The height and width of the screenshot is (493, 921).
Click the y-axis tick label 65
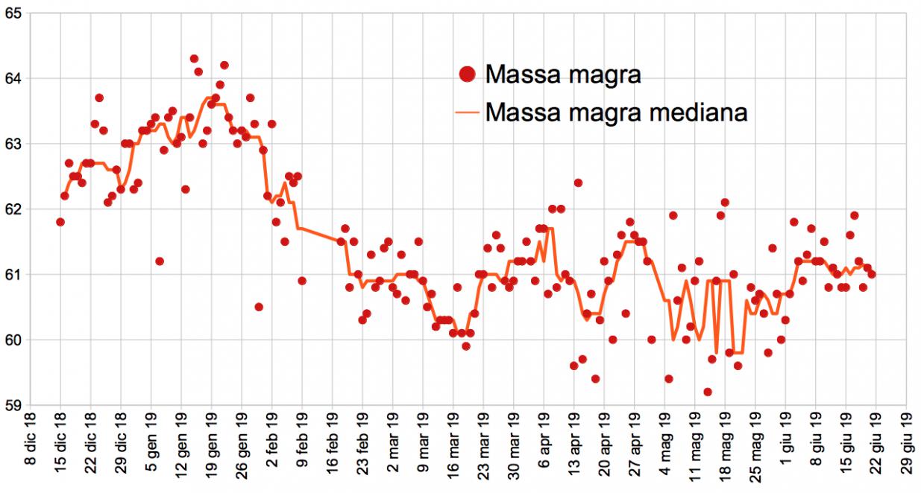(x=13, y=13)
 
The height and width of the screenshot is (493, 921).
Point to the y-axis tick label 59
(x=13, y=406)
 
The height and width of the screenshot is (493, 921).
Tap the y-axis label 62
(x=13, y=209)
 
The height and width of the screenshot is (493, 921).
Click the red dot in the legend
(x=468, y=74)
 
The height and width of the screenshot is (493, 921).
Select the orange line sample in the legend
(x=468, y=112)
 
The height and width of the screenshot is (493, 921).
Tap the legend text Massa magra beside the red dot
(x=563, y=74)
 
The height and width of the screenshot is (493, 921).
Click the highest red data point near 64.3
(x=194, y=58)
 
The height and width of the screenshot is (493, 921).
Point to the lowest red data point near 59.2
(x=708, y=392)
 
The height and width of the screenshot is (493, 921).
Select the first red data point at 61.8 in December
(x=60, y=222)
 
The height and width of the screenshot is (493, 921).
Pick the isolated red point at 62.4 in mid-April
(x=578, y=182)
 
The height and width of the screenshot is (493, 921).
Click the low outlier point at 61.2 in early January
(x=160, y=261)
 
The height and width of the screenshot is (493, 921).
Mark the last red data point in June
(x=871, y=274)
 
